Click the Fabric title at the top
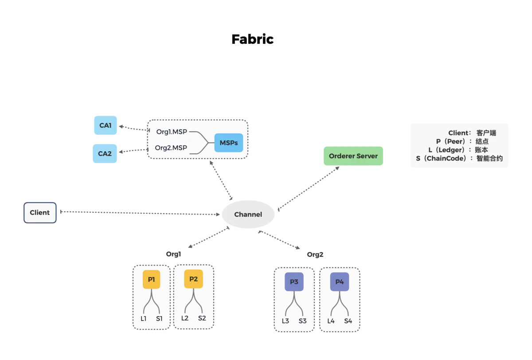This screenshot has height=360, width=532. pyautogui.click(x=252, y=39)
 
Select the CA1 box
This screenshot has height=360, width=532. pyautogui.click(x=105, y=125)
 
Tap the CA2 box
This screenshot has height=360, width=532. pyautogui.click(x=105, y=153)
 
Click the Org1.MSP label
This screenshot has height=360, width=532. pyautogui.click(x=172, y=132)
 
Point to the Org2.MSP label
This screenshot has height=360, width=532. pyautogui.click(x=171, y=148)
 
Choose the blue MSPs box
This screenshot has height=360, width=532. pyautogui.click(x=229, y=143)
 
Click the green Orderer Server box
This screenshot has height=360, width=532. pyautogui.click(x=353, y=156)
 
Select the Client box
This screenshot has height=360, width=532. pyautogui.click(x=40, y=212)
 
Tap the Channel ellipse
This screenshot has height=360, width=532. pyautogui.click(x=248, y=214)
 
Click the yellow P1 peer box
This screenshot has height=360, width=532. pyautogui.click(x=151, y=279)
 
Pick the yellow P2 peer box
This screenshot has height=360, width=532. pyautogui.click(x=193, y=279)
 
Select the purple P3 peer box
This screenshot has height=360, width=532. pyautogui.click(x=294, y=282)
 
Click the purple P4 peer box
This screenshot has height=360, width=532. pyautogui.click(x=340, y=282)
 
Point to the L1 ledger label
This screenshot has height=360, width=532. pyautogui.click(x=144, y=318)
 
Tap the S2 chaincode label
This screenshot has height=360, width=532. pyautogui.click(x=202, y=318)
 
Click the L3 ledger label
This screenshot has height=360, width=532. pyautogui.click(x=286, y=321)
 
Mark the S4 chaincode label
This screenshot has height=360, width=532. pyautogui.click(x=348, y=321)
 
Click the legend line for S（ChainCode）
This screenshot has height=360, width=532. pyautogui.click(x=459, y=158)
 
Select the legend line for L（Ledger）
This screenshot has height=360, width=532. pyautogui.click(x=458, y=150)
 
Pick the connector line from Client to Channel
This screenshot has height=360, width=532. pyautogui.click(x=137, y=214)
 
